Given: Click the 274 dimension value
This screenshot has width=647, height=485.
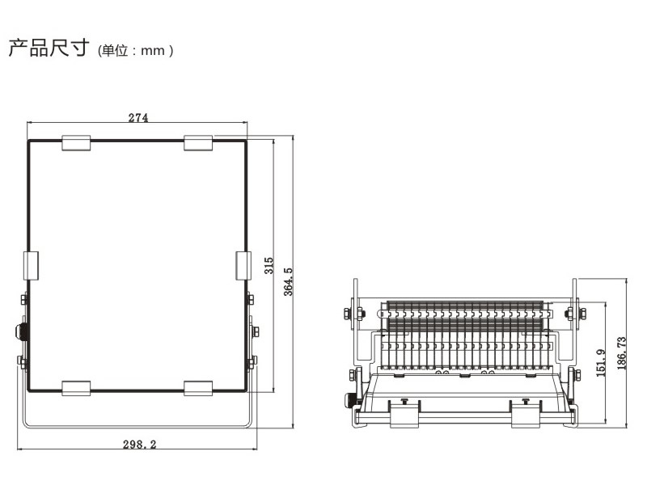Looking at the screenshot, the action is tap(138, 117).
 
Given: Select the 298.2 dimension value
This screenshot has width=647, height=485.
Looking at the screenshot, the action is tap(139, 444).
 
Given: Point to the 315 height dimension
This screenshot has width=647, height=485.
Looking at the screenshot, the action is tap(269, 266).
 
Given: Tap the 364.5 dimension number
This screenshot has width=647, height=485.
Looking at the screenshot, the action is tap(288, 281).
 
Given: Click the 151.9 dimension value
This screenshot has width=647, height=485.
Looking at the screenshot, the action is tap(601, 363).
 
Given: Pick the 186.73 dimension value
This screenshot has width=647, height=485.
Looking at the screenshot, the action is tap(621, 353).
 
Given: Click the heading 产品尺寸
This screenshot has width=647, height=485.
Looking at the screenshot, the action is tap(49, 48).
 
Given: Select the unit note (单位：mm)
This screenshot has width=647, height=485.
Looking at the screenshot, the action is tap(135, 51).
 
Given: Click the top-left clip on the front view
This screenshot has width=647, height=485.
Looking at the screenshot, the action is tap(76, 143).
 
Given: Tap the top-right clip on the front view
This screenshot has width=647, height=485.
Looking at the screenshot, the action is tap(198, 143).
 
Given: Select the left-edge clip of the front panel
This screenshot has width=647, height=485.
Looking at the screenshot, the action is tap(31, 266).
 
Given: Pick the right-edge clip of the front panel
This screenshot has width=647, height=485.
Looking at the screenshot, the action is tap(243, 266).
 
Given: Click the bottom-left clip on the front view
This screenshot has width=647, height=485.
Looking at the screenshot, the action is tap(76, 389).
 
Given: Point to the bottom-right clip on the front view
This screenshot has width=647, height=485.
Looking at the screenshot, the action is tap(198, 389).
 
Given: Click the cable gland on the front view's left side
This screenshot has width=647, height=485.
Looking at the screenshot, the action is tap(22, 332).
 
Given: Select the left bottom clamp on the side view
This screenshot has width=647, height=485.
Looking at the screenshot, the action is tap(404, 414).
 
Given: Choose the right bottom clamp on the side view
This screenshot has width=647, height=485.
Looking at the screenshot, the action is tap(526, 414).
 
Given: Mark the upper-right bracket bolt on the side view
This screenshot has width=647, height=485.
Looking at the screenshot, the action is tap(576, 314).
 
